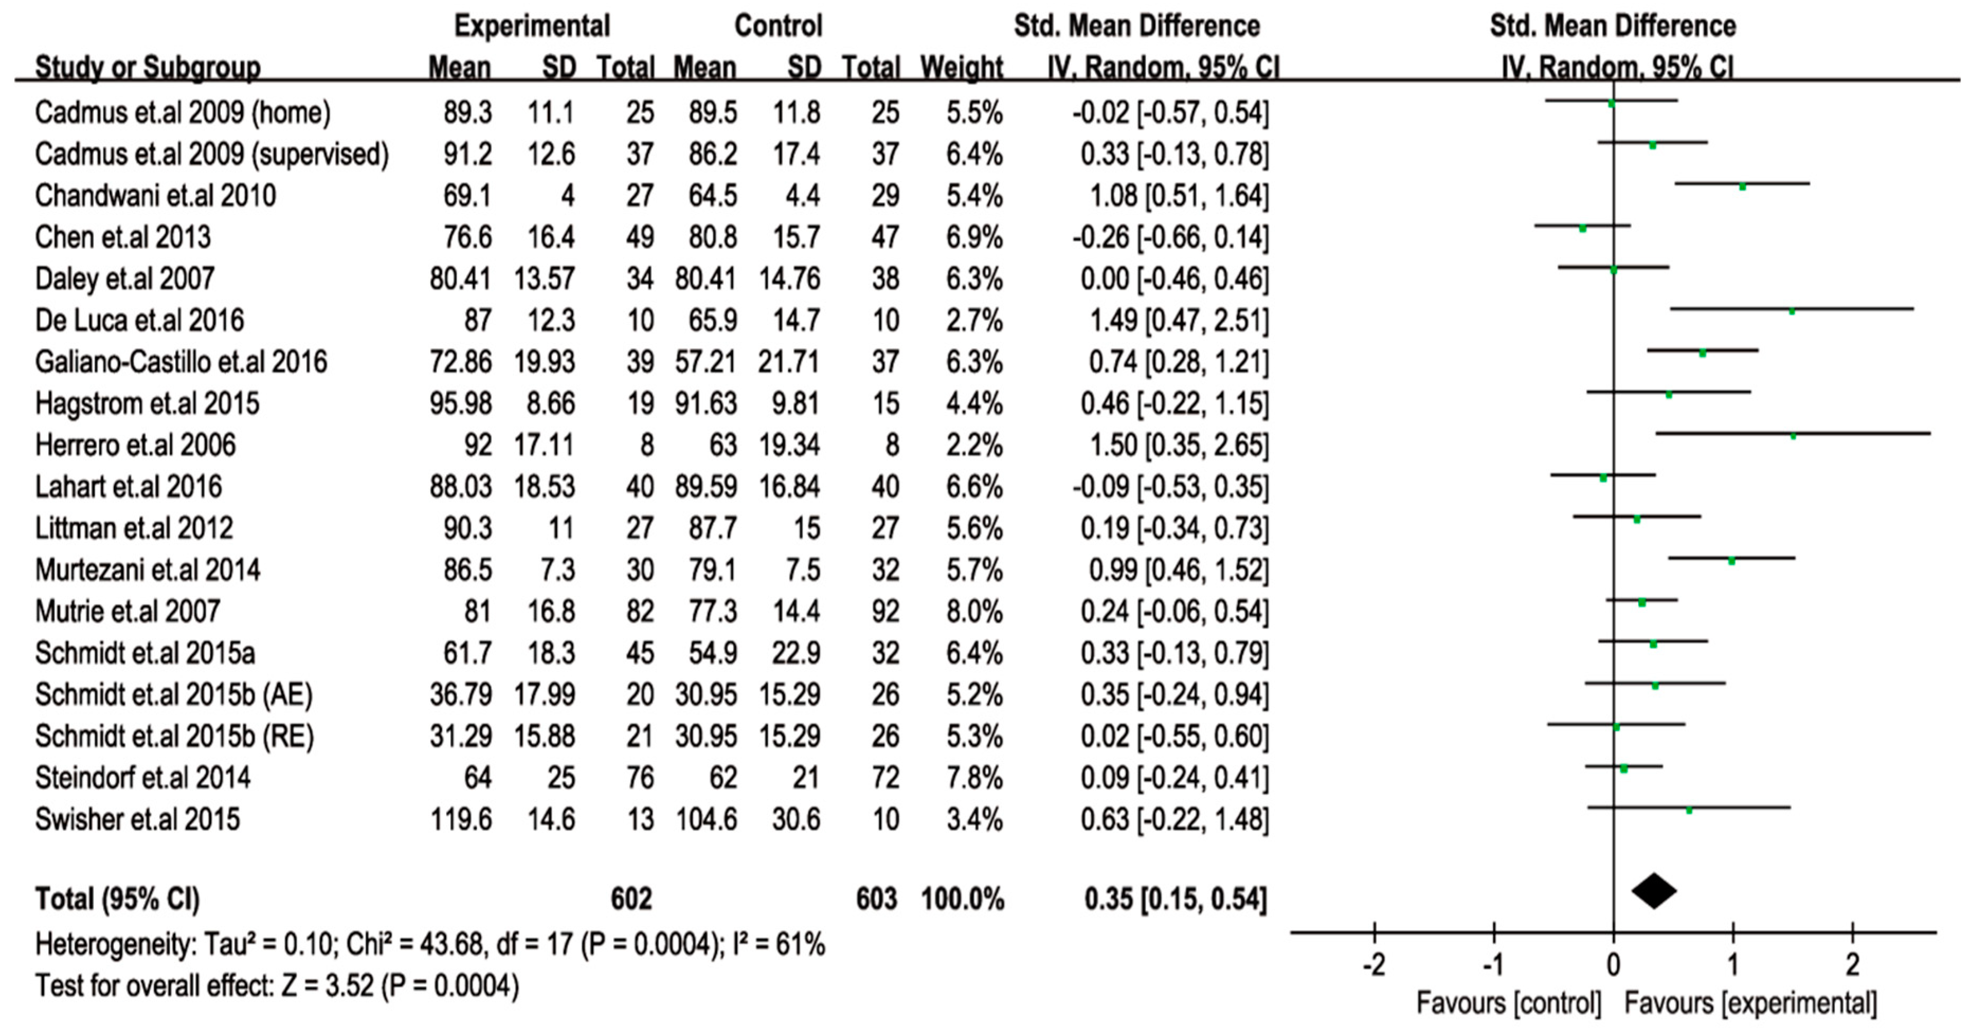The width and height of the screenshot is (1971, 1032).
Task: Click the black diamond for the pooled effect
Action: [x=1654, y=891]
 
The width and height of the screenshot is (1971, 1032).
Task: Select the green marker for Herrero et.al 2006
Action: [x=1793, y=436]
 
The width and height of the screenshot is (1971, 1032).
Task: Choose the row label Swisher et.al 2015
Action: [x=138, y=819]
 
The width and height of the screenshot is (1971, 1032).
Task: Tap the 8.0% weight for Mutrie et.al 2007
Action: [x=974, y=611]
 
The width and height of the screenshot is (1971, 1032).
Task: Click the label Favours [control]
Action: [x=1508, y=1003]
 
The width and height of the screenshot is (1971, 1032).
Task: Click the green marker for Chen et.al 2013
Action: [x=1582, y=228]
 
